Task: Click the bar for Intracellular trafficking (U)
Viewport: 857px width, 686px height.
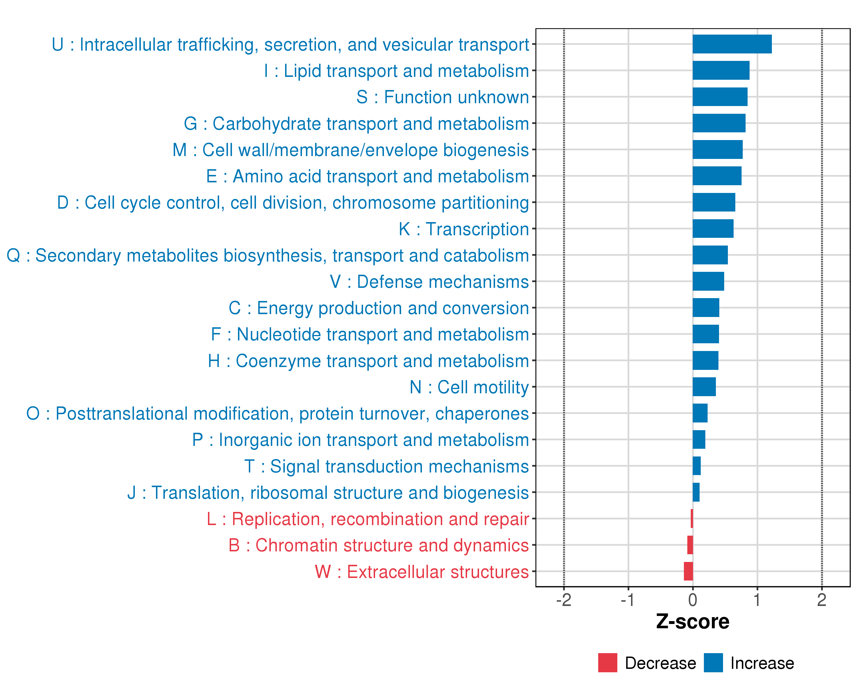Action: click(732, 44)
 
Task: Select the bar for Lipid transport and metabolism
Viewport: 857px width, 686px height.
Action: click(721, 70)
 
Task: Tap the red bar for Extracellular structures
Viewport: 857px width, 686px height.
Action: click(688, 571)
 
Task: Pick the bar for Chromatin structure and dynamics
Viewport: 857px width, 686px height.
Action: click(690, 545)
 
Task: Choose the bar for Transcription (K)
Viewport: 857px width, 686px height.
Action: click(713, 229)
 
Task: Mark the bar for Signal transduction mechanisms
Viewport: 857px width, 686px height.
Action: click(696, 466)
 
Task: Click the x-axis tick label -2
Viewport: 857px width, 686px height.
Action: click(563, 600)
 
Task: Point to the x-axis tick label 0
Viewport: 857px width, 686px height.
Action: click(692, 600)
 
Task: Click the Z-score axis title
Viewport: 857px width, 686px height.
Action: click(692, 622)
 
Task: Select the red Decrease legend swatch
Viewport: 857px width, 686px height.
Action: click(607, 663)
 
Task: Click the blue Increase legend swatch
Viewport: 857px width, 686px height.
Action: click(713, 663)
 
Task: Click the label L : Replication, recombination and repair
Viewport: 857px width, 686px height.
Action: click(368, 519)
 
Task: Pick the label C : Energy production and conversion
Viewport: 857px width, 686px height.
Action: click(379, 308)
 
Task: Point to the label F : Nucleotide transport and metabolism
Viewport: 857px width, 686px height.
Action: click(370, 334)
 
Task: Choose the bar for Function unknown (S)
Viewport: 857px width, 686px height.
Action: click(720, 97)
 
